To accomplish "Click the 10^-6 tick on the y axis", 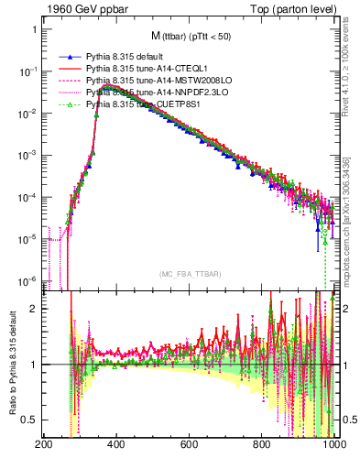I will [25, 281].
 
